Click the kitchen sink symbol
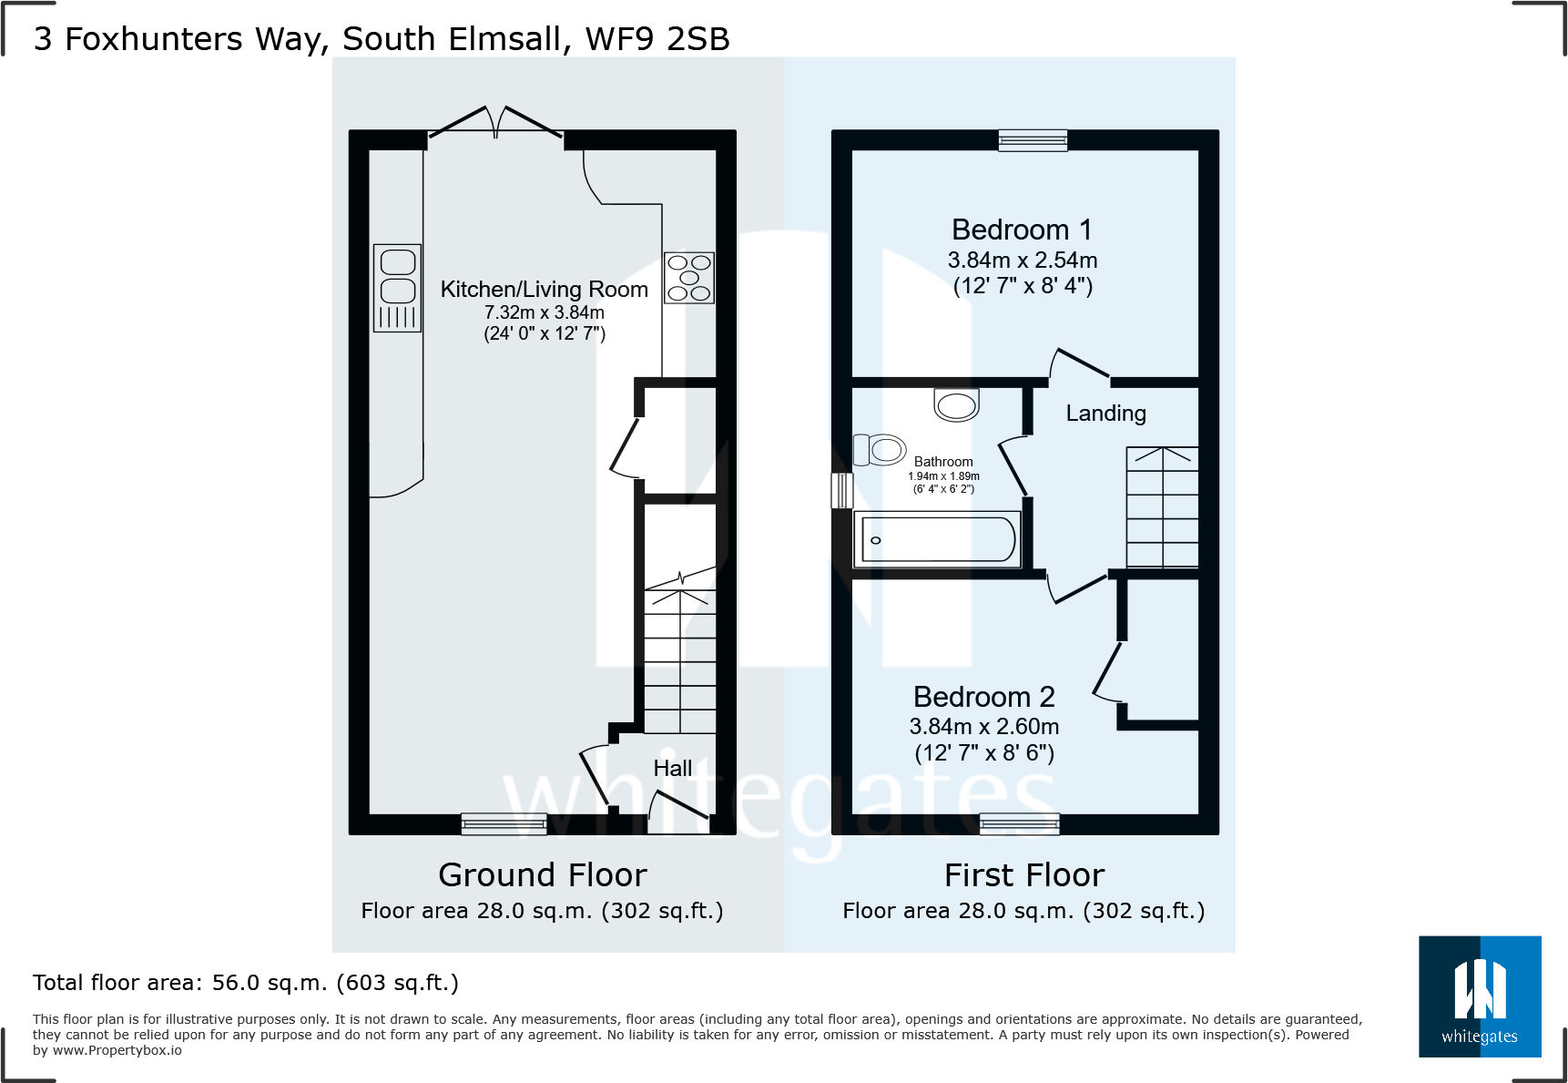(397, 288)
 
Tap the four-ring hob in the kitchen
(688, 278)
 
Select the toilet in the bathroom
(880, 449)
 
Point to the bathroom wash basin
(956, 404)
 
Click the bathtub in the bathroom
(937, 539)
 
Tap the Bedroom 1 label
(1022, 230)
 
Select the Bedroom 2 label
(984, 697)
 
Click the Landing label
(1105, 414)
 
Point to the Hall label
(673, 769)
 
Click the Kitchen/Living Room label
(545, 290)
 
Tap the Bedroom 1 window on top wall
(1033, 140)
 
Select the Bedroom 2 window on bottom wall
(1020, 824)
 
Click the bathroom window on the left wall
(842, 491)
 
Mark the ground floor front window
(504, 824)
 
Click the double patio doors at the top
(496, 123)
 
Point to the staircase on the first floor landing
(1163, 507)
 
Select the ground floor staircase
(680, 651)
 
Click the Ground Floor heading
(543, 875)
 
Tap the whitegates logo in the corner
(1480, 996)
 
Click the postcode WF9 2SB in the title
(657, 39)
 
